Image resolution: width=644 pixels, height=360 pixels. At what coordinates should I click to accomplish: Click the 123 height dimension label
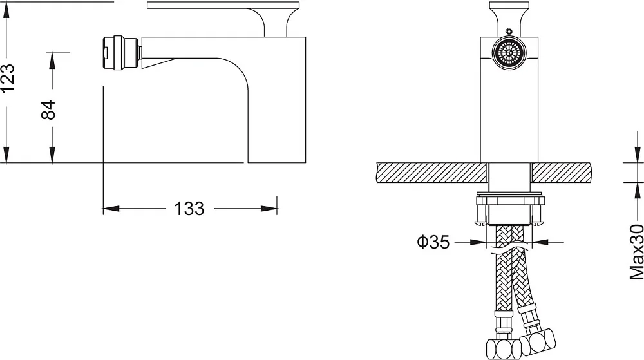[x=8, y=77]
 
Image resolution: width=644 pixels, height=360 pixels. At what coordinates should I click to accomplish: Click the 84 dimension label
[x=48, y=109]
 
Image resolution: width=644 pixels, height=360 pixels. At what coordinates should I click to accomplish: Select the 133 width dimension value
[x=189, y=209]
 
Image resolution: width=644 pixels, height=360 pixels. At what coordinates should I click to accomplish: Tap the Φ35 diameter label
[x=433, y=242]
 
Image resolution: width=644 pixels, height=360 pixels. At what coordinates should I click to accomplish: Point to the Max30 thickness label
[x=637, y=252]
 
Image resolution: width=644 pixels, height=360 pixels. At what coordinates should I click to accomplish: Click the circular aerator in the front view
[x=509, y=53]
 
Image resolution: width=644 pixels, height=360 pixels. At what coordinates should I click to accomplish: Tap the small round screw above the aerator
[x=509, y=30]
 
